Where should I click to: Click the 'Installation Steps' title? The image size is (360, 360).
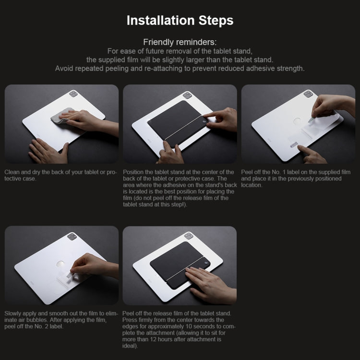(x=180, y=20)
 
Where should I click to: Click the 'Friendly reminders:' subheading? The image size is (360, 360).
(x=180, y=42)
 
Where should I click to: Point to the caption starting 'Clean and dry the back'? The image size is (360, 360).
(x=60, y=175)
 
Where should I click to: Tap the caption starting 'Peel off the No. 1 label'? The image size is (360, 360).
(x=296, y=178)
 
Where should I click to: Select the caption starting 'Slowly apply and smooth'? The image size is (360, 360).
(x=60, y=320)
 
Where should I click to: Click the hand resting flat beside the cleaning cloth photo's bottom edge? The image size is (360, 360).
(x=48, y=151)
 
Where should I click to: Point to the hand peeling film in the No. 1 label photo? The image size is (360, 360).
(x=331, y=105)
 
